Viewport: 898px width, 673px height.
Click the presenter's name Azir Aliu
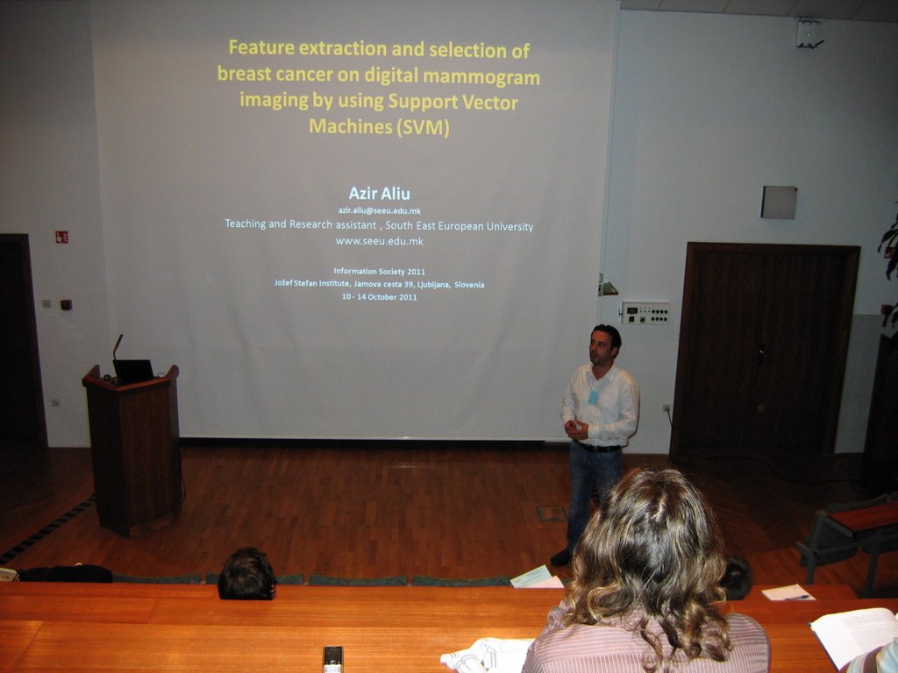point(379,193)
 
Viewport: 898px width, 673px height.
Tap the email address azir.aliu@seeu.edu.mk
point(379,211)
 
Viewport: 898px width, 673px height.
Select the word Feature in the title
point(260,47)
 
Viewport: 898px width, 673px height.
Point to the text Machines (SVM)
point(379,126)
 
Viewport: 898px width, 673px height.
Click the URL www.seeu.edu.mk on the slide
point(379,242)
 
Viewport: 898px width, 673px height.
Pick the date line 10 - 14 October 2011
point(379,297)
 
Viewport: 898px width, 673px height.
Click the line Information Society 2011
point(379,272)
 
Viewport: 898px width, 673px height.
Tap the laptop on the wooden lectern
point(133,371)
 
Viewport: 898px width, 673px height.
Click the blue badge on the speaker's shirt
point(594,397)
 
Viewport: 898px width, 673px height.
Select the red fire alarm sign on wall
point(62,237)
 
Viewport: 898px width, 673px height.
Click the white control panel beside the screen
point(645,313)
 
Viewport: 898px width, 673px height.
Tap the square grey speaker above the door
point(779,202)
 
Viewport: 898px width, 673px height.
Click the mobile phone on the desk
point(332,659)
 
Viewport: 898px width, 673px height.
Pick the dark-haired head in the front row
point(246,574)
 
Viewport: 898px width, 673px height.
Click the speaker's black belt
point(598,448)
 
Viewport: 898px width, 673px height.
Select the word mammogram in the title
point(491,76)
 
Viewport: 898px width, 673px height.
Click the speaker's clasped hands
point(574,429)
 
